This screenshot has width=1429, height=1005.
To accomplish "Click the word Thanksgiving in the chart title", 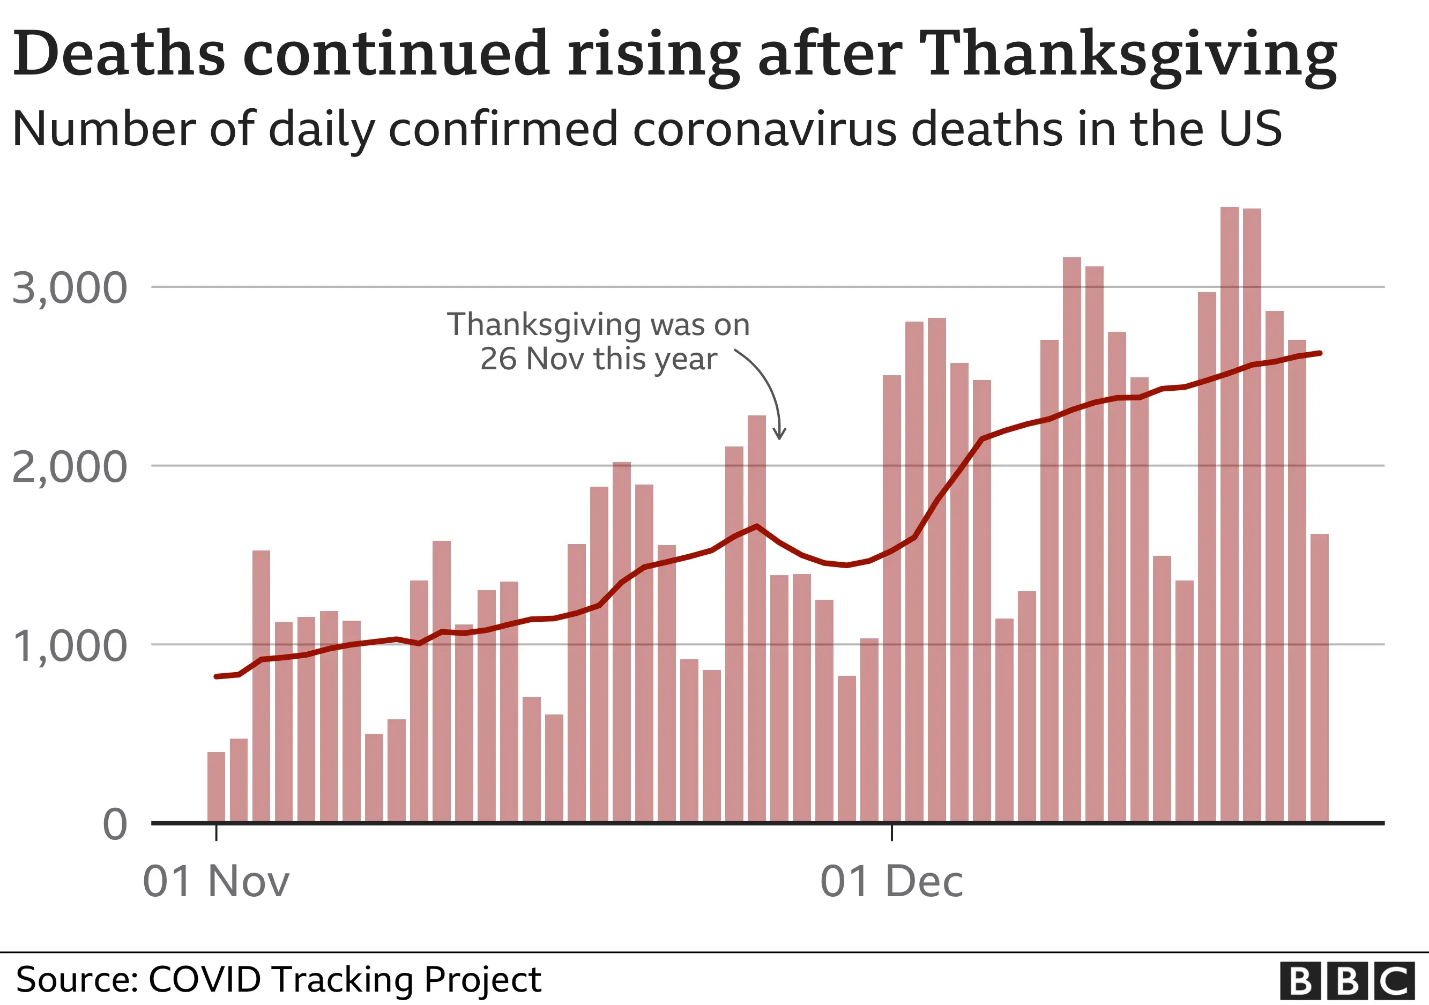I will click(x=1127, y=55).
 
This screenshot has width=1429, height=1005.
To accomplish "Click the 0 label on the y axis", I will click(x=115, y=824).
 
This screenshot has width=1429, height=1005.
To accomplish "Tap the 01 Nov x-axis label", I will click(x=216, y=881).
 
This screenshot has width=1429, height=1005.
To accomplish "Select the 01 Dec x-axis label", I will click(x=891, y=881).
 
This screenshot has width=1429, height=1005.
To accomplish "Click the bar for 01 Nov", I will click(x=216, y=787).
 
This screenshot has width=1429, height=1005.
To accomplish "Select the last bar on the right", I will click(x=1320, y=678).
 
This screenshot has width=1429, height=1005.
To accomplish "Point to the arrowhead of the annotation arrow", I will click(x=779, y=436).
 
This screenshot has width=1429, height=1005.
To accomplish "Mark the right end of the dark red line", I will click(x=1320, y=353).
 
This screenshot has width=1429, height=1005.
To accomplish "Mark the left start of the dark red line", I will click(x=216, y=676).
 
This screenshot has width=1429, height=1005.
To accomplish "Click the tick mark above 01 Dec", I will click(x=892, y=832).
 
